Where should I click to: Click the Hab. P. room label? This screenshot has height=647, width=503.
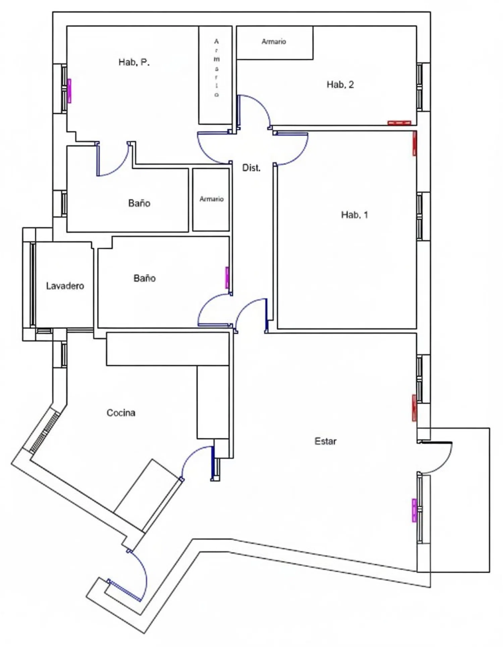pyautogui.click(x=134, y=62)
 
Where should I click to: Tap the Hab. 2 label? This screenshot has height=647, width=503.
pyautogui.click(x=340, y=85)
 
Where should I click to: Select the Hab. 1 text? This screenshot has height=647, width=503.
pyautogui.click(x=354, y=215)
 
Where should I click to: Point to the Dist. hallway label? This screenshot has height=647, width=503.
pyautogui.click(x=251, y=168)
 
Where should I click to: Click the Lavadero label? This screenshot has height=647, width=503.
pyautogui.click(x=65, y=286)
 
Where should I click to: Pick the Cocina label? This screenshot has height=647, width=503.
pyautogui.click(x=121, y=413)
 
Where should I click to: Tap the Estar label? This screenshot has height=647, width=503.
pyautogui.click(x=325, y=441)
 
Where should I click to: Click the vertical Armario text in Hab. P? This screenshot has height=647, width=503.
pyautogui.click(x=216, y=68)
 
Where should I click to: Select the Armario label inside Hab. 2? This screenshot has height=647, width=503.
pyautogui.click(x=274, y=42)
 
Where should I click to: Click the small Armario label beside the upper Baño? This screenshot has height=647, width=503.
pyautogui.click(x=211, y=199)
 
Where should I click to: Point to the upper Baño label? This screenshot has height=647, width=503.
pyautogui.click(x=139, y=203)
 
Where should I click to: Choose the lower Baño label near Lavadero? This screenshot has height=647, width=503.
pyautogui.click(x=145, y=278)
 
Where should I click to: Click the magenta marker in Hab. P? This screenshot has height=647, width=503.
pyautogui.click(x=69, y=91)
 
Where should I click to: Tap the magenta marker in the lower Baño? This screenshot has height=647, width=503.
pyautogui.click(x=227, y=278)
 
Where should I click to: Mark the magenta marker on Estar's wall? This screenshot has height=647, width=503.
pyautogui.click(x=414, y=510)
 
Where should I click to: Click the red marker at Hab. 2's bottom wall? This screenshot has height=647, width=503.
pyautogui.click(x=399, y=123)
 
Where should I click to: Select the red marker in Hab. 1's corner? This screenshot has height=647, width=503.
pyautogui.click(x=414, y=144)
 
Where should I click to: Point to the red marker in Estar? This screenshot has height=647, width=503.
pyautogui.click(x=414, y=408)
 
